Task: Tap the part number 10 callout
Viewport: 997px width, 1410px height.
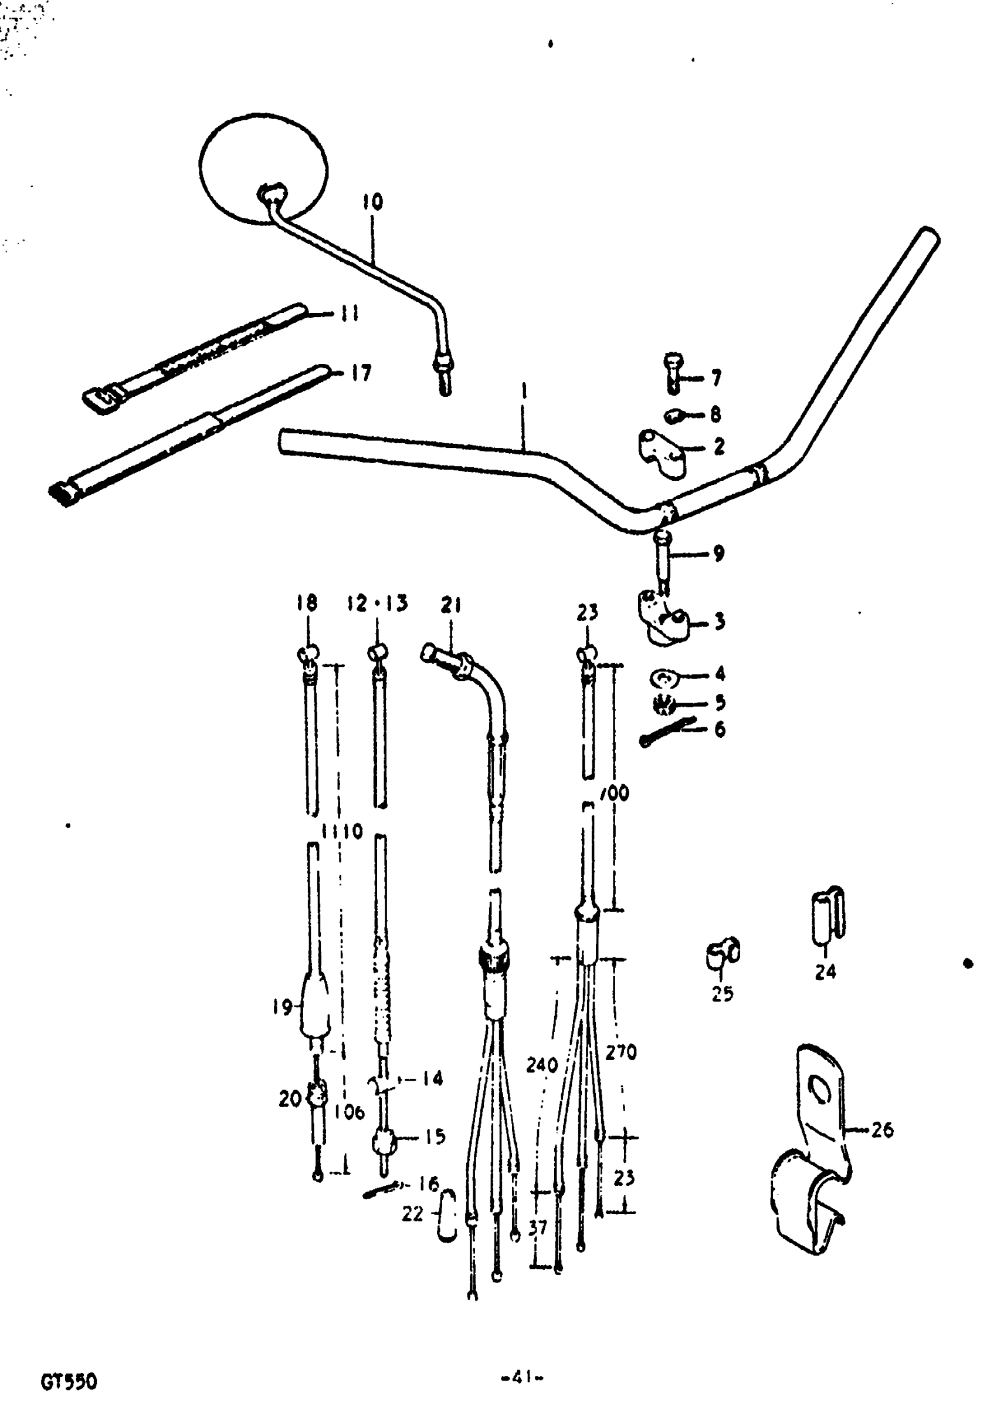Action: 372,202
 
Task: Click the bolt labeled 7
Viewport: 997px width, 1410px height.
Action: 673,372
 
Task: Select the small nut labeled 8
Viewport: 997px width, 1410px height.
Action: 674,416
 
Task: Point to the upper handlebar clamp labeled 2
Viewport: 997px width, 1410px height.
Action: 661,453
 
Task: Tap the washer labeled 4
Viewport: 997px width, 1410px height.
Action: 663,678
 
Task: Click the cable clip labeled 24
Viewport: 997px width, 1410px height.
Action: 828,917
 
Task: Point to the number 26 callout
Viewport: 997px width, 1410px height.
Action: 882,1130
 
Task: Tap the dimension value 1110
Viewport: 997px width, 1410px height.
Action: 342,832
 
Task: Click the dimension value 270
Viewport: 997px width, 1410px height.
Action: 620,1053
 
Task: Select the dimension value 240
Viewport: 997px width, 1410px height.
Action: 542,1065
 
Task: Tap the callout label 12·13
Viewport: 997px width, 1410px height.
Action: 377,603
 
